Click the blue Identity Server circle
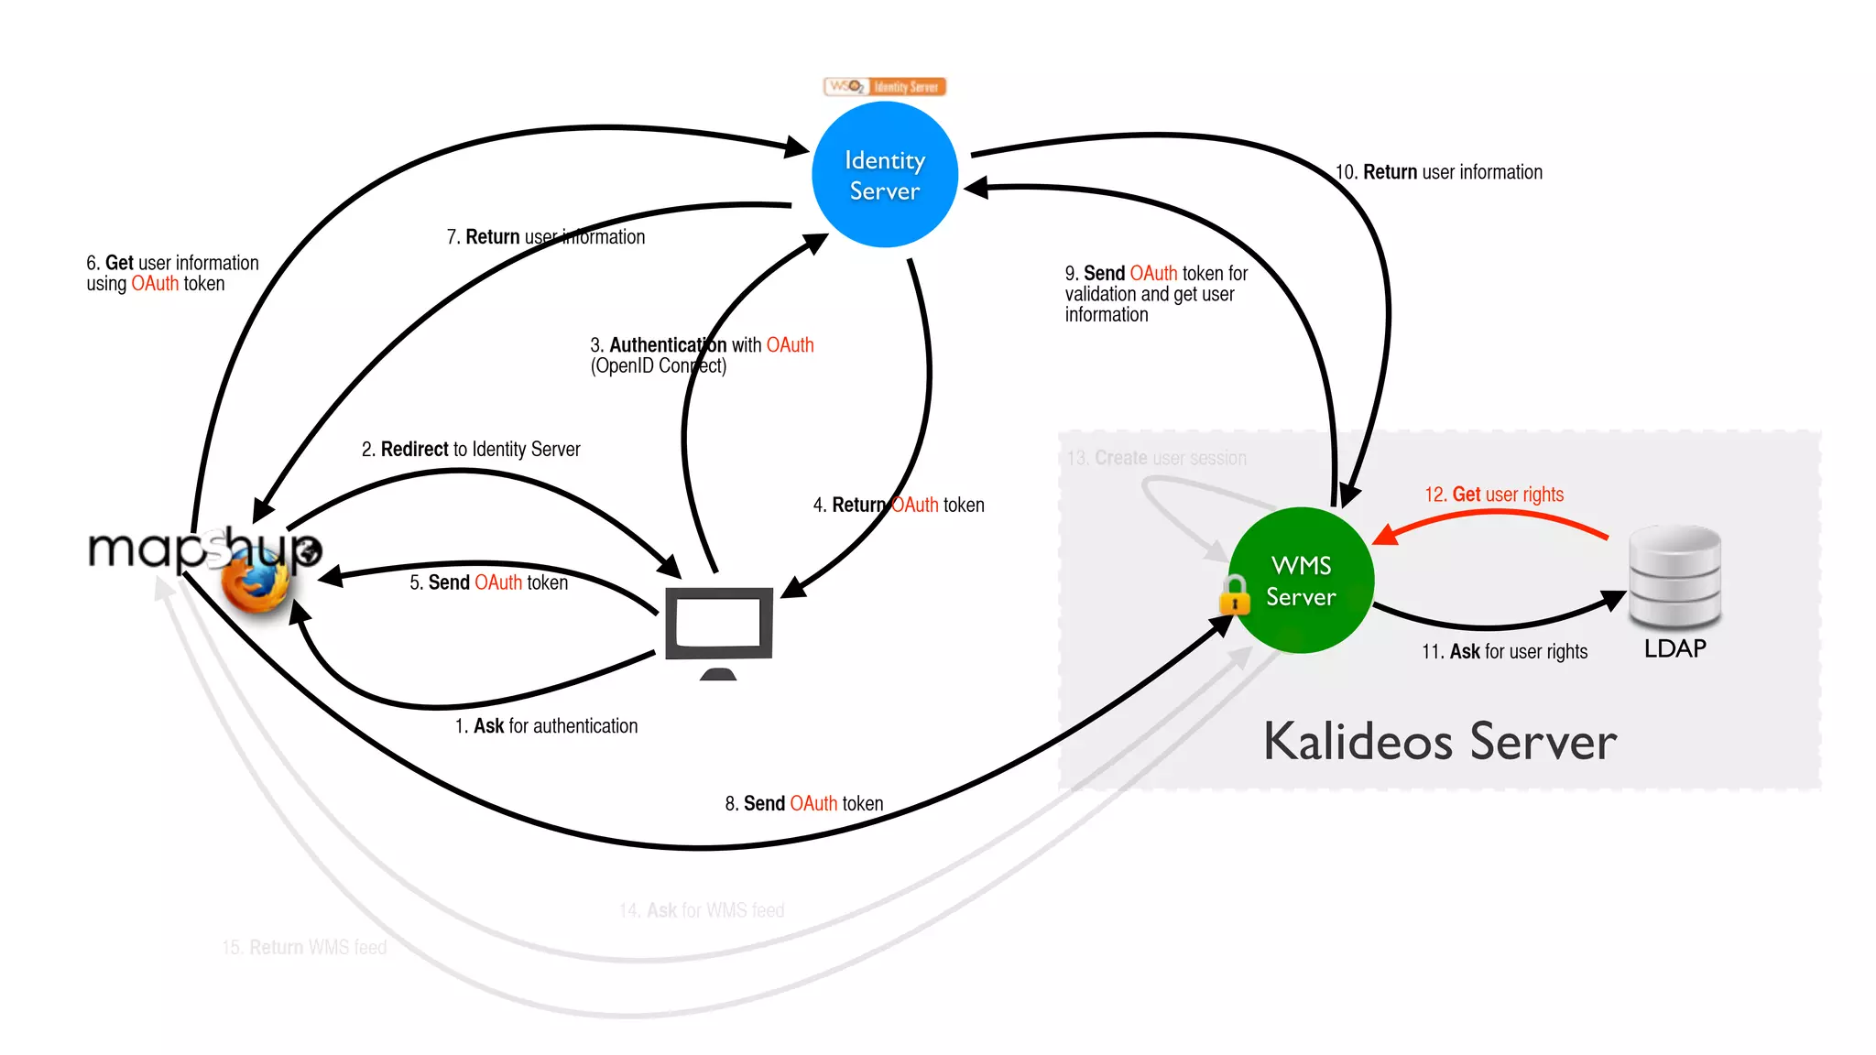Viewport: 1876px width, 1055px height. click(x=885, y=175)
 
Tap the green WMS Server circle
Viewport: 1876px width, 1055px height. click(x=1301, y=581)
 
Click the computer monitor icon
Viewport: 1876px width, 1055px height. click(x=719, y=626)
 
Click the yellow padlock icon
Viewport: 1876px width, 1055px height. click(x=1235, y=595)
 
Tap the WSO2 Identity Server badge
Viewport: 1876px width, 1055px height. click(x=884, y=87)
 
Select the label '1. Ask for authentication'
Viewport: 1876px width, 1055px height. click(x=546, y=726)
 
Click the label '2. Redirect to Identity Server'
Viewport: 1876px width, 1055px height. click(x=471, y=450)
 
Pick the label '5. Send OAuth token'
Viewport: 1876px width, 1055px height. click(x=488, y=582)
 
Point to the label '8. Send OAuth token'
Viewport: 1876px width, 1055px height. click(x=803, y=804)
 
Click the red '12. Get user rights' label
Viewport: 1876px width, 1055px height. click(x=1493, y=495)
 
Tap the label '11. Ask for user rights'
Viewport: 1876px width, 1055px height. click(x=1504, y=652)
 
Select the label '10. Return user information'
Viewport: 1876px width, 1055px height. click(x=1438, y=172)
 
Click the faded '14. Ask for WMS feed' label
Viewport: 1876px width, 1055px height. click(x=702, y=910)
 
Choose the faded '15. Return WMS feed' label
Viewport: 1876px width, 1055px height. click(x=304, y=947)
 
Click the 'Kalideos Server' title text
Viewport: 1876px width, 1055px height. click(x=1440, y=742)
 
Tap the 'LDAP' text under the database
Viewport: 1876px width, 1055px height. click(x=1674, y=648)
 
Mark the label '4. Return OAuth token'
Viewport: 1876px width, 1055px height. click(x=899, y=506)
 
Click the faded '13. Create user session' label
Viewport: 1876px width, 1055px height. click(x=1156, y=458)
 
